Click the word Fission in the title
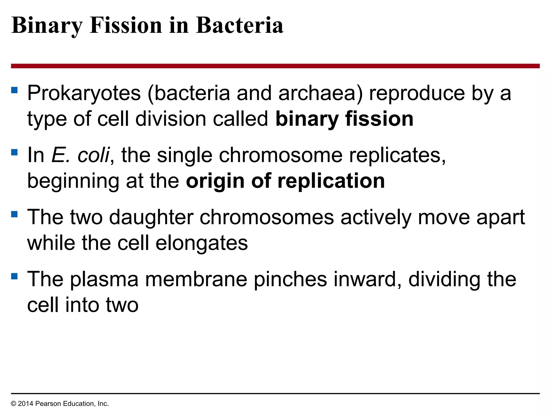point(126,25)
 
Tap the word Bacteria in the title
point(239,25)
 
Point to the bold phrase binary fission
point(344,119)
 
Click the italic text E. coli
point(80,155)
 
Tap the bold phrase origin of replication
point(285,181)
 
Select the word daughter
point(151,217)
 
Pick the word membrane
point(196,279)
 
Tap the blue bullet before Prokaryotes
point(15,90)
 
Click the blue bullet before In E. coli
point(15,152)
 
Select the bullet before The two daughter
point(15,214)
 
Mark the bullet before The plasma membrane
point(15,276)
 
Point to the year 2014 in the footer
point(26,404)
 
